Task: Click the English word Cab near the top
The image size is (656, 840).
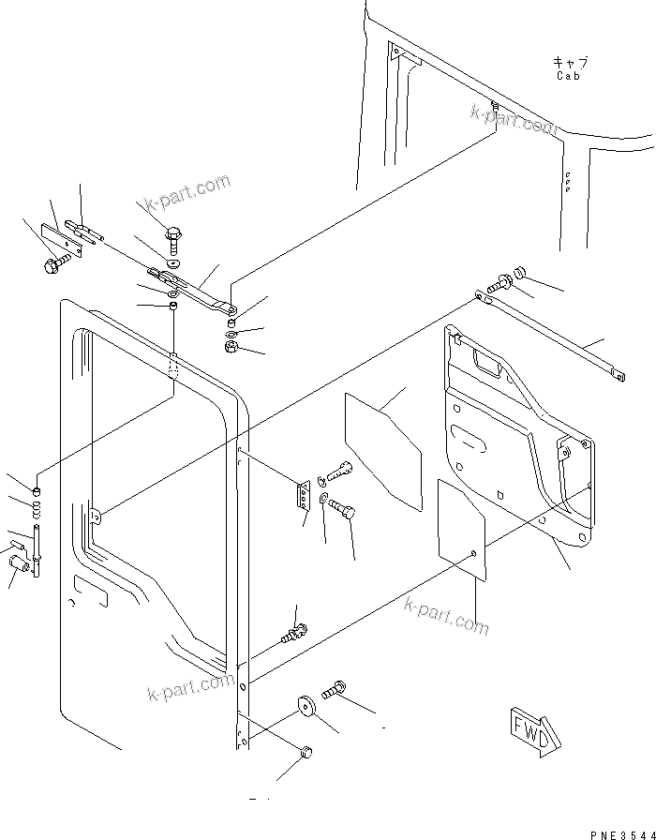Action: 568,76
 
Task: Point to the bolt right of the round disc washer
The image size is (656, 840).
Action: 333,694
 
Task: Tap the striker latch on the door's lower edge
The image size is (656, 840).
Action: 291,635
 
